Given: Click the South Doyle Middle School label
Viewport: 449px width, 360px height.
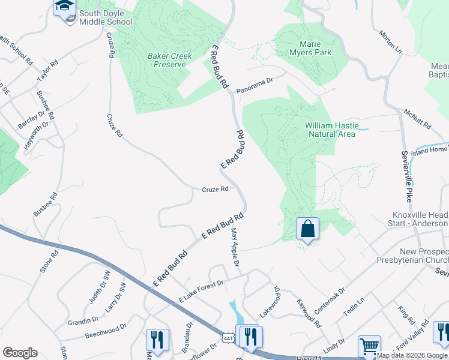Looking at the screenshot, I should (106, 18).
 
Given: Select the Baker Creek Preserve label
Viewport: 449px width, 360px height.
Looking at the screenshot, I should (170, 60).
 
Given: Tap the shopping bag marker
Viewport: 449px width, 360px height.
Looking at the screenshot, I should (307, 229).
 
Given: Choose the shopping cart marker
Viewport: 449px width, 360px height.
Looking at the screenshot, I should (369, 346).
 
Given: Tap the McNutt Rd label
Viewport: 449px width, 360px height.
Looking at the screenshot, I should (418, 119).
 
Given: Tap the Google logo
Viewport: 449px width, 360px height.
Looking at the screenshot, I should (20, 353).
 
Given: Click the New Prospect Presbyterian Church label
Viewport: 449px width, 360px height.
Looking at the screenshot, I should (416, 255).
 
